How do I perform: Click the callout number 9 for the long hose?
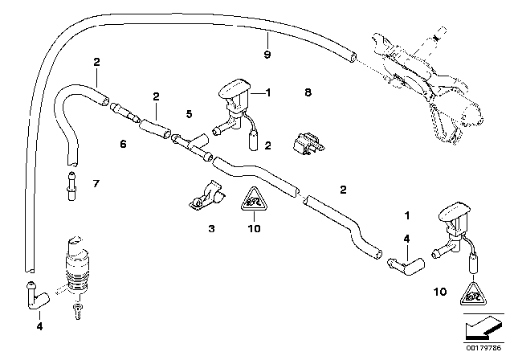pyautogui.click(x=267, y=54)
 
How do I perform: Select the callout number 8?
pyautogui.click(x=308, y=93)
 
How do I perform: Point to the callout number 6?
pyautogui.click(x=123, y=145)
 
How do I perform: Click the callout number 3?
pyautogui.click(x=212, y=229)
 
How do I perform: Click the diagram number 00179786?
pyautogui.click(x=489, y=351)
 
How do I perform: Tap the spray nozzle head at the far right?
pyautogui.click(x=452, y=216)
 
